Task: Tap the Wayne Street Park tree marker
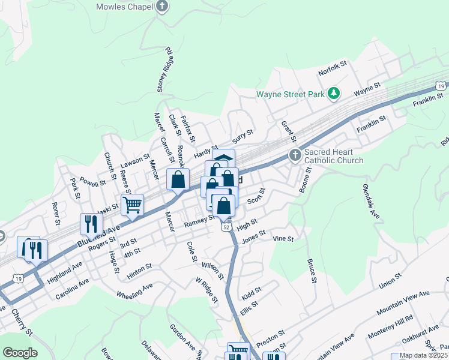click(x=334, y=94)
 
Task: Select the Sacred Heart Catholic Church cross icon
click(x=295, y=155)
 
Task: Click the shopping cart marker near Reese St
click(x=132, y=204)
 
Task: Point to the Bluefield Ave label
click(x=99, y=235)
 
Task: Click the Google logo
click(x=20, y=353)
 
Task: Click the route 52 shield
click(x=226, y=227)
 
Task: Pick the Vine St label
click(x=283, y=239)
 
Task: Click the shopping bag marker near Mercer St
click(x=178, y=179)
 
